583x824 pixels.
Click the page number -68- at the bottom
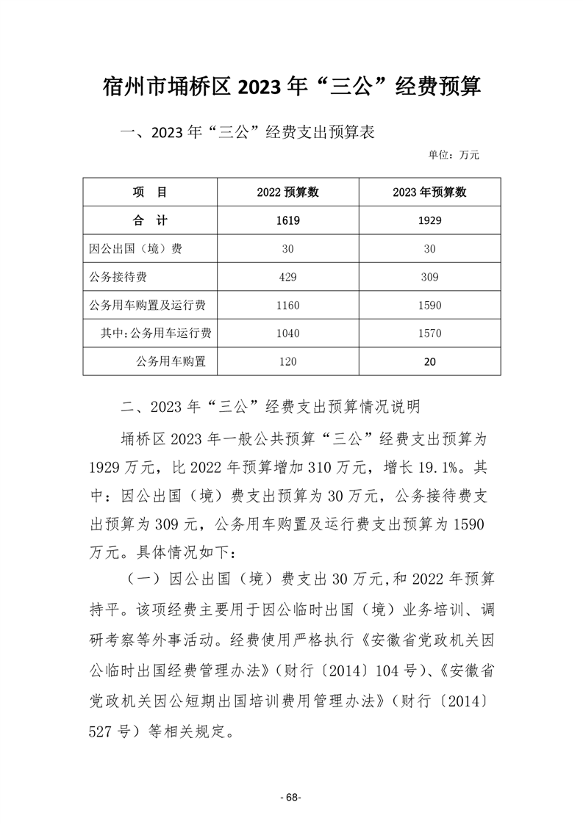pos(292,798)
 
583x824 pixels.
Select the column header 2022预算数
pos(287,192)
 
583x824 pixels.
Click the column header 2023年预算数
pos(429,192)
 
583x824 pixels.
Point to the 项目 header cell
pos(150,192)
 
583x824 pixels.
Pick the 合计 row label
pos(150,220)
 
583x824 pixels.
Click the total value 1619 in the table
pos(287,220)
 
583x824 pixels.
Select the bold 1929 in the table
pos(429,220)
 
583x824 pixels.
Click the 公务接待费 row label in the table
pos(124,277)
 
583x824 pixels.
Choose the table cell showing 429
pos(287,277)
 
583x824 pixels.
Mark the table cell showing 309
pos(429,277)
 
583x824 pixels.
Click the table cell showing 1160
pos(287,305)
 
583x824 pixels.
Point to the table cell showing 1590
pos(429,305)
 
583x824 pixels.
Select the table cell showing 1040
pos(287,333)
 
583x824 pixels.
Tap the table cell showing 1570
pos(429,333)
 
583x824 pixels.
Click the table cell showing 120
pos(287,361)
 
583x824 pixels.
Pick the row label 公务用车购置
pos(171,361)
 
